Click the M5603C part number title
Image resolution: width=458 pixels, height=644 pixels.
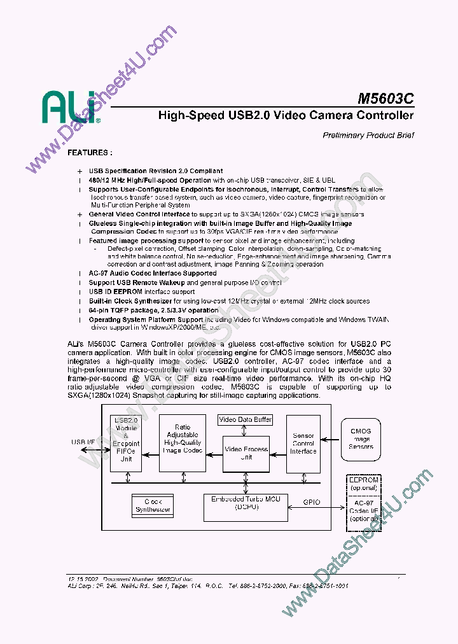pos(385,99)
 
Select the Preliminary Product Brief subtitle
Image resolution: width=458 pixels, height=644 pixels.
pos(368,135)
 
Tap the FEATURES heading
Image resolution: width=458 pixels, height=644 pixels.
pos(90,153)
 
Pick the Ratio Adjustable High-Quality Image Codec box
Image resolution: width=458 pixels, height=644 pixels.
pos(183,438)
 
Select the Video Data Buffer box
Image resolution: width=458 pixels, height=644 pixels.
pos(246,419)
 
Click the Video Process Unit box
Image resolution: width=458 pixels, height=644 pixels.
pos(246,453)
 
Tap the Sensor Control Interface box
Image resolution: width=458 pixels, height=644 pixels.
pos(303,444)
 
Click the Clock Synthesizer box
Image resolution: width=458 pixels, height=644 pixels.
pos(153,505)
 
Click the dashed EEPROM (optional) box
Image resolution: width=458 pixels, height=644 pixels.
pos(363,484)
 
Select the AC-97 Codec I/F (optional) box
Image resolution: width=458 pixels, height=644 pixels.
pos(363,511)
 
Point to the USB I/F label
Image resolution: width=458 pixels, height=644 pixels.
pos(83,442)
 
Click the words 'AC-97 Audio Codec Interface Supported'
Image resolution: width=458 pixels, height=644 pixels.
pos(153,273)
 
